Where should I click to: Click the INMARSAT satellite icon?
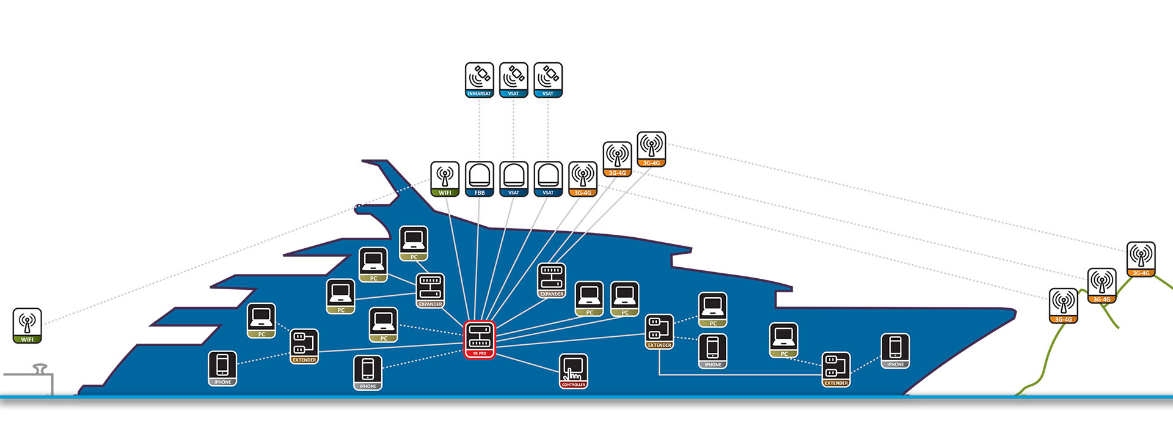point(479,79)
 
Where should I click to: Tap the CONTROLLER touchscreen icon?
point(574,371)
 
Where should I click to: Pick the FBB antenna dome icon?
point(480,179)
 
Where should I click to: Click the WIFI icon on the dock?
point(27,325)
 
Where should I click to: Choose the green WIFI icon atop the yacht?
point(445,179)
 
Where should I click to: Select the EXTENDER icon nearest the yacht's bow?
point(836,369)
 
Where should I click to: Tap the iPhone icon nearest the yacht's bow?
point(895,351)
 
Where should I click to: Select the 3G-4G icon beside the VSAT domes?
point(583,179)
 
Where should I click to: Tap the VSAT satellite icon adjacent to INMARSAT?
point(513,79)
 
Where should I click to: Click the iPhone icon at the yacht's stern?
point(222,369)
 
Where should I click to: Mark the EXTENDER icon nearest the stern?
point(304,347)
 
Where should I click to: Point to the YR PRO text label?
point(480,353)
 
